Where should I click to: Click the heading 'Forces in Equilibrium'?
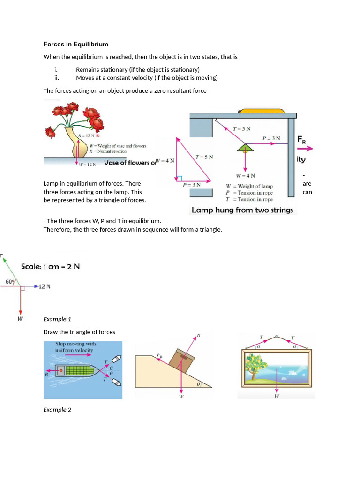click(x=75, y=45)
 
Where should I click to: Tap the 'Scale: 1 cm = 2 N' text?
click(x=51, y=266)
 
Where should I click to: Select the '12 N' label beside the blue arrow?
click(x=45, y=286)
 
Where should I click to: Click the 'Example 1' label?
click(x=57, y=319)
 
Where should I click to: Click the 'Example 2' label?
click(x=57, y=410)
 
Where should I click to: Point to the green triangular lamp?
click(x=245, y=148)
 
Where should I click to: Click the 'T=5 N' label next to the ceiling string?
click(x=242, y=128)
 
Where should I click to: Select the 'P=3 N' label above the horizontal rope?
click(x=271, y=138)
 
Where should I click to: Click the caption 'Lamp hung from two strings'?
click(x=242, y=210)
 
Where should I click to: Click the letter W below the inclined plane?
click(x=181, y=397)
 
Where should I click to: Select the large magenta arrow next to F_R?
click(x=305, y=149)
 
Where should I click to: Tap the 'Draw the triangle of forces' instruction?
click(x=79, y=332)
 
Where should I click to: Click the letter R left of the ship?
click(x=46, y=375)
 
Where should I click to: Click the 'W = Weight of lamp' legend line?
click(x=249, y=186)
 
